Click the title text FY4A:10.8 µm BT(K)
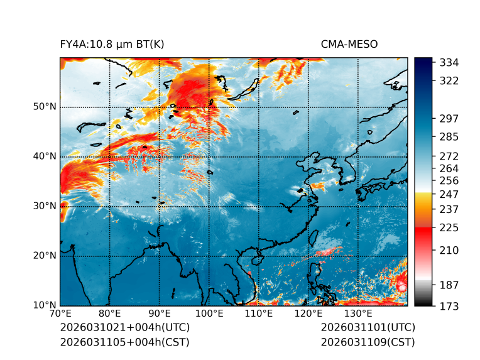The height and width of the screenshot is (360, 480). (x=112, y=44)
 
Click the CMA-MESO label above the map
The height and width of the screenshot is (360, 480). (x=349, y=44)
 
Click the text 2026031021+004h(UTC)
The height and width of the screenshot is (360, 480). (x=124, y=327)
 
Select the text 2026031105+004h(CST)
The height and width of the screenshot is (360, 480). (x=124, y=342)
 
